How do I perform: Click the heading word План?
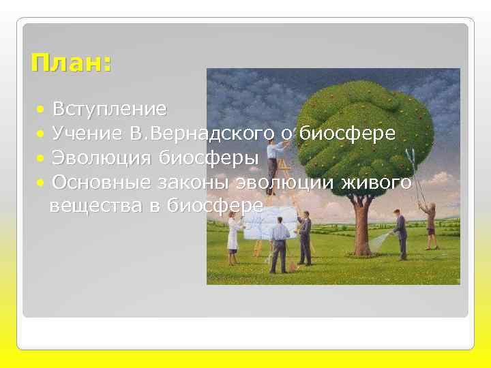[71, 64]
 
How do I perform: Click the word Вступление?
[109, 109]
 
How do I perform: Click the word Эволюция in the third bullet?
[103, 158]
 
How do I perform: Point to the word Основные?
[102, 182]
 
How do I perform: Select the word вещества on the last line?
[93, 206]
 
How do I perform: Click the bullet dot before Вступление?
[42, 110]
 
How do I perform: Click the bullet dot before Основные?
[42, 183]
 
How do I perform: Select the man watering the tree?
[400, 235]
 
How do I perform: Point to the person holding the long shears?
[430, 225]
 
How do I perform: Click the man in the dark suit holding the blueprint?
[305, 237]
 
